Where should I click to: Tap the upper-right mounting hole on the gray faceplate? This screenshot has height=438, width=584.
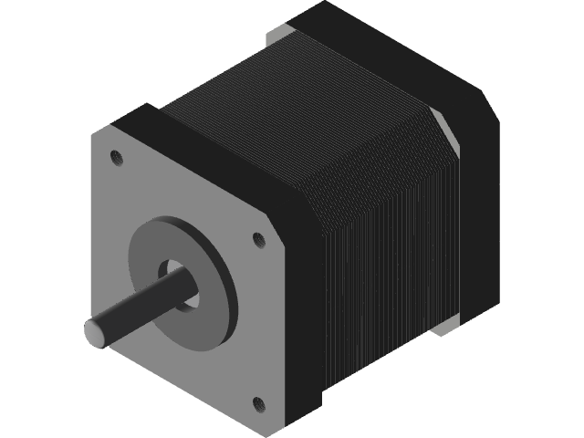tap(258, 239)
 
